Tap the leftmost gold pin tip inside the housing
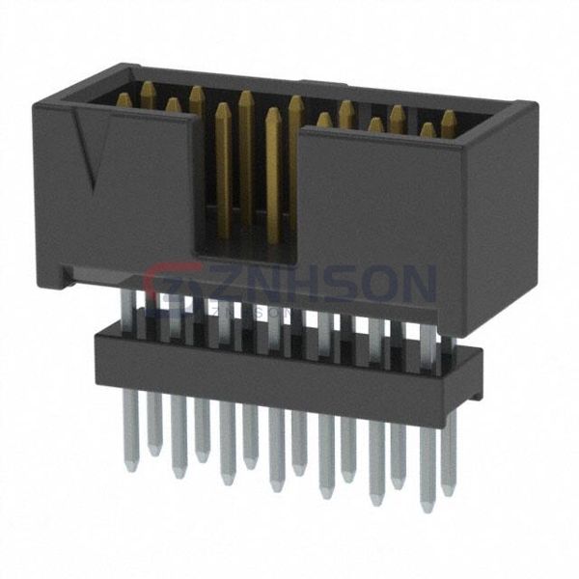point(124,99)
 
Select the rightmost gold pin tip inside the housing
point(449,116)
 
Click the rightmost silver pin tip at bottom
point(448,492)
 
